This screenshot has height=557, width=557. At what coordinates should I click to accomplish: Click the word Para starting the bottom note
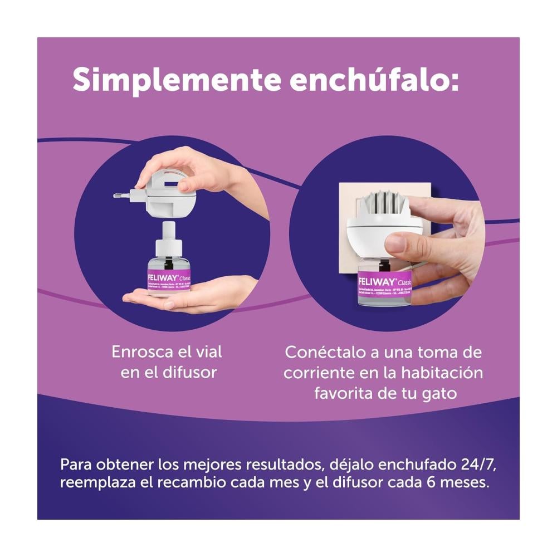point(76,464)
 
